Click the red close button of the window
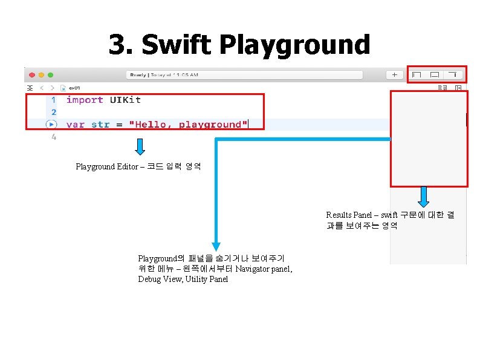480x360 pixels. [31, 74]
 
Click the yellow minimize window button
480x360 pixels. [41, 74]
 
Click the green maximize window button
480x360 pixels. [50, 74]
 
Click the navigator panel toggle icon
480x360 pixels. [417, 75]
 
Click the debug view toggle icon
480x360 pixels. [434, 75]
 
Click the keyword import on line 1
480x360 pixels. [85, 100]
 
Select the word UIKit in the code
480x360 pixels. [125, 100]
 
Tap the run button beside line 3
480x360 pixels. [51, 125]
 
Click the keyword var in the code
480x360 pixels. [75, 125]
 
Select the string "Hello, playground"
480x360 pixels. [188, 125]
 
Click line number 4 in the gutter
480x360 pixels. [54, 137]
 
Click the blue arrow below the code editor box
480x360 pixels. [140, 146]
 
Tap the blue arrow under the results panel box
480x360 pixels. [424, 197]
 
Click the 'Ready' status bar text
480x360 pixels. [138, 75]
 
